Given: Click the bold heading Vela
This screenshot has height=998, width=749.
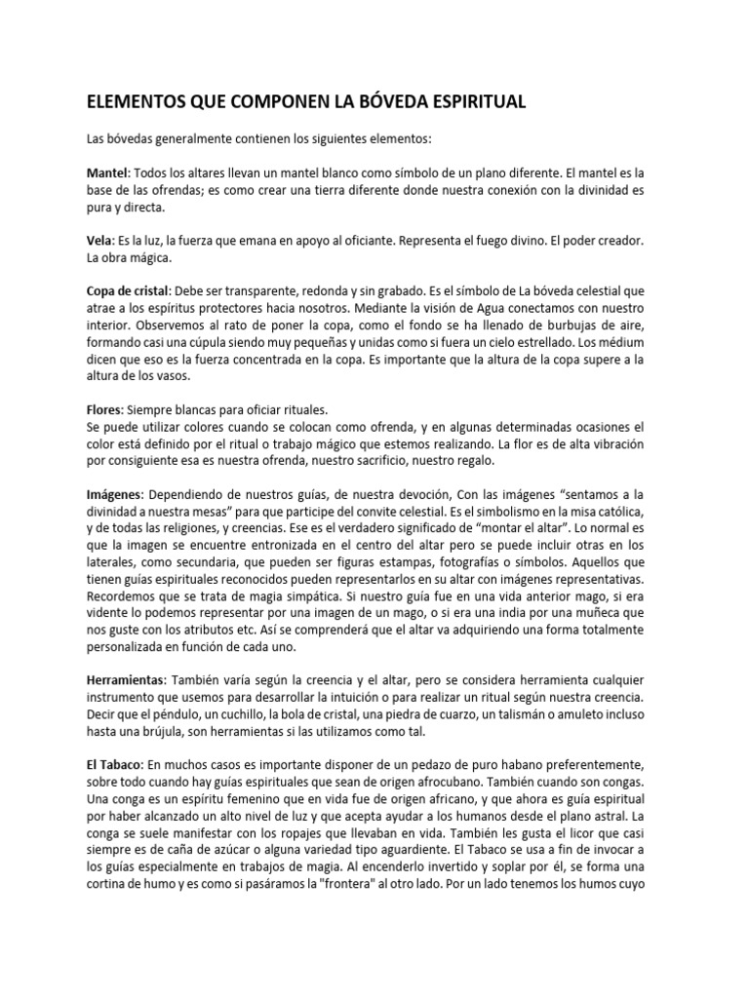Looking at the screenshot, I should pos(100,240).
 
